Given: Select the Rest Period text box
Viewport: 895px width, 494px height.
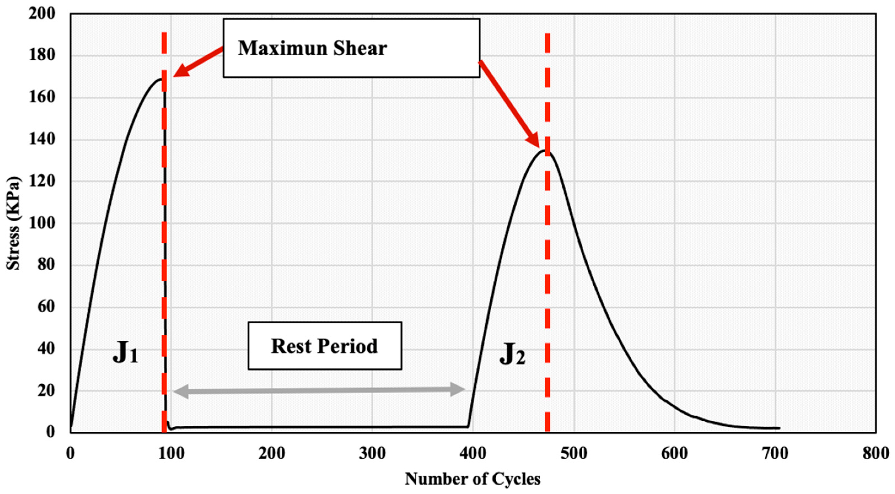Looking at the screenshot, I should [x=325, y=346].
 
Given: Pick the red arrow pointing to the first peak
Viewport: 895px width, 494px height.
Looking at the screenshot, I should [x=198, y=63].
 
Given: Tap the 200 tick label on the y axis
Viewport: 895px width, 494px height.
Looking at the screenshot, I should [x=42, y=14].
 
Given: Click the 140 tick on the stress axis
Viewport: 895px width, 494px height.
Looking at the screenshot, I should [x=42, y=139].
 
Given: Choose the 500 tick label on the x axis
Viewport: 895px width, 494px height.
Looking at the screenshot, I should [x=574, y=453].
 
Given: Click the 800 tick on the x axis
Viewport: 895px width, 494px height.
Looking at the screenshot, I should [x=875, y=453].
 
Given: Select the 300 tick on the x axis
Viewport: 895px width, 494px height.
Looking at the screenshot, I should [x=372, y=453].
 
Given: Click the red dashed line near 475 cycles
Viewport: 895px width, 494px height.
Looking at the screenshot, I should [x=548, y=278].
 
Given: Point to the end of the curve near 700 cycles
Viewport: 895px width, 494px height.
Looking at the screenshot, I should [x=779, y=428].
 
